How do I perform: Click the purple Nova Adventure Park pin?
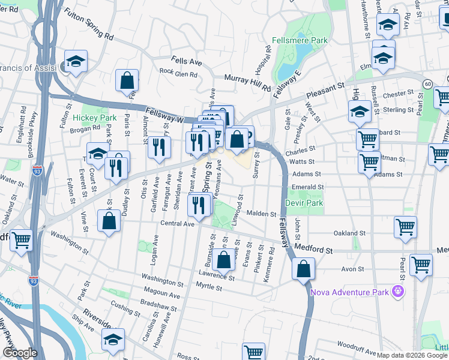pos(397,292)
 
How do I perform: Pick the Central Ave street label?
pos(178,224)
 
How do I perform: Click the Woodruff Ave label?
pos(357,346)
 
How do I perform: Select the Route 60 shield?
pos(427,83)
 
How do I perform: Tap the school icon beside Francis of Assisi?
pos(76,61)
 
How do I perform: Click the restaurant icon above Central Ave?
pos(198,206)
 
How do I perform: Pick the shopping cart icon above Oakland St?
pos(406,227)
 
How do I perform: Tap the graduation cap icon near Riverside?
pos(113,340)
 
